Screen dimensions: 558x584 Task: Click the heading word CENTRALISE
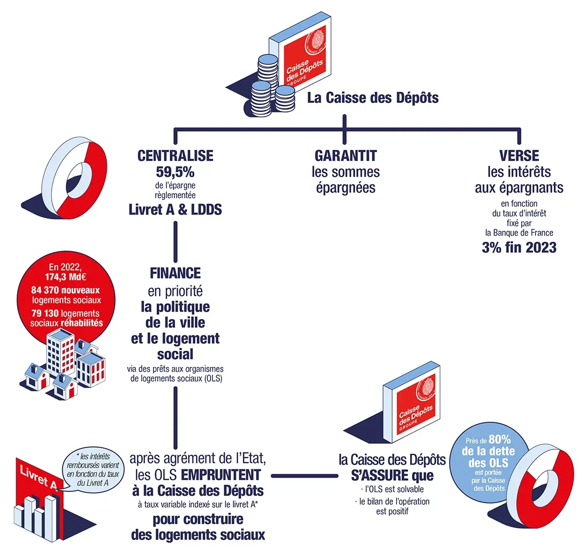(x=175, y=156)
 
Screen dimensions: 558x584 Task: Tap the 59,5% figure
(x=175, y=171)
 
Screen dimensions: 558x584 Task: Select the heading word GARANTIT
(x=346, y=156)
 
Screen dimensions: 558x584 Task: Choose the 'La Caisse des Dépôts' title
(x=372, y=98)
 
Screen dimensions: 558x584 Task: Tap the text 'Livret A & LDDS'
(x=175, y=209)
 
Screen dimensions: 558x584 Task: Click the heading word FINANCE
(x=175, y=272)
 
